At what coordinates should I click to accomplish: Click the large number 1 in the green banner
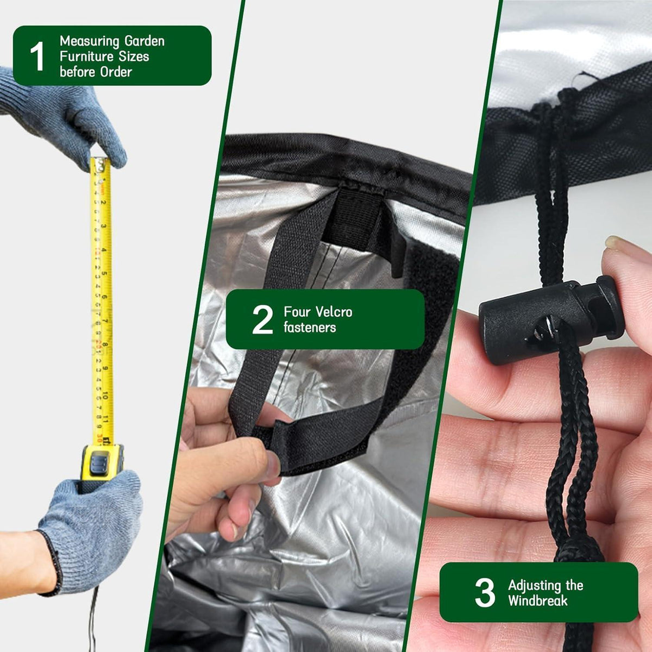tap(37, 56)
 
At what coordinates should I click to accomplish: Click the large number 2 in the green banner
tap(262, 319)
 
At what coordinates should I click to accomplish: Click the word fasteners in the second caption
tap(310, 327)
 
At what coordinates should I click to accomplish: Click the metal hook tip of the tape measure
tap(100, 164)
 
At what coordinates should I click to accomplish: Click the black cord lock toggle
tap(550, 319)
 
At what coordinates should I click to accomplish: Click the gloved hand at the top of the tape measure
tap(64, 115)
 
